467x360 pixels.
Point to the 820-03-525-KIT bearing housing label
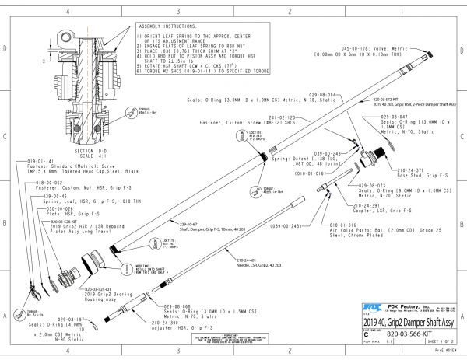click(x=109, y=287)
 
